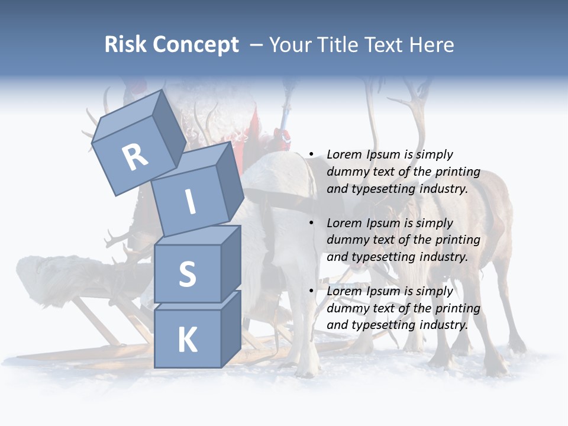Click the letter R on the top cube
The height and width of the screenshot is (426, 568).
(135, 157)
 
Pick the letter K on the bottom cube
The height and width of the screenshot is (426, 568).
(188, 340)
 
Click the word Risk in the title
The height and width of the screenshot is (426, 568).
(125, 45)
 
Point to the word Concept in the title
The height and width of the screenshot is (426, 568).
(195, 45)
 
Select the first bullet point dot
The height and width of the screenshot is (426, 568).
(311, 155)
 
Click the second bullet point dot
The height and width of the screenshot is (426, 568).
(311, 223)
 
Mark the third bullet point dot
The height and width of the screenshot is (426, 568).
(311, 292)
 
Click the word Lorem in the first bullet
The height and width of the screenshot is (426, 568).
(345, 154)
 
